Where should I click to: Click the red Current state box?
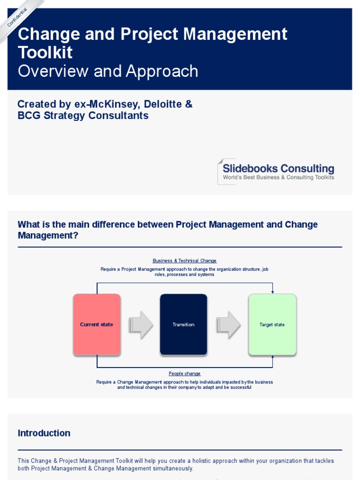click(97, 324)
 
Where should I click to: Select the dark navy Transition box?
click(183, 324)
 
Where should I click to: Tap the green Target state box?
click(272, 324)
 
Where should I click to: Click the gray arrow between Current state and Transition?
click(141, 324)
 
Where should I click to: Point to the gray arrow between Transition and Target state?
click(228, 324)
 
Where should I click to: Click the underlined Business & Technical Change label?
click(185, 261)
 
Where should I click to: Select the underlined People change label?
click(185, 374)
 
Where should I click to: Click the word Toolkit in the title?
click(45, 52)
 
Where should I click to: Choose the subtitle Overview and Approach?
click(108, 71)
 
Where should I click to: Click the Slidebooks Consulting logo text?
click(278, 169)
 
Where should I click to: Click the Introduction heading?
click(44, 433)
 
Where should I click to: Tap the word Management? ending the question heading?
click(48, 236)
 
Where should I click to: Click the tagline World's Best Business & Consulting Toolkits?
click(278, 178)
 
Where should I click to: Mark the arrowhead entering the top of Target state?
click(272, 292)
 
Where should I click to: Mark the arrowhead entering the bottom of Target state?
click(272, 357)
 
